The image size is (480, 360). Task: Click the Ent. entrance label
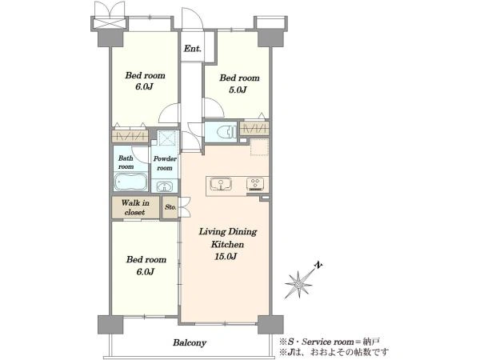pyautogui.click(x=193, y=49)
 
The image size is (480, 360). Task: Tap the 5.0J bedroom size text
pyautogui.click(x=238, y=90)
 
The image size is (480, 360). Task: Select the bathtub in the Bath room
pyautogui.click(x=130, y=182)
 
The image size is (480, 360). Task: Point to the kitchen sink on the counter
pyautogui.click(x=221, y=185)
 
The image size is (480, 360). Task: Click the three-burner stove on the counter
pyautogui.click(x=255, y=184)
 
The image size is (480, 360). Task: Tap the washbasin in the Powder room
pyautogui.click(x=165, y=186)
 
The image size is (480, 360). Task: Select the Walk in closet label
pyautogui.click(x=135, y=207)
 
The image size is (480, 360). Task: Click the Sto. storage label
pyautogui.click(x=170, y=207)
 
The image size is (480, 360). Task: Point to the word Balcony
pyautogui.click(x=190, y=342)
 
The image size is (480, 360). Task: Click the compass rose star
pyautogui.click(x=298, y=284)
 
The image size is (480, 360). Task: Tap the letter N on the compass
pyautogui.click(x=318, y=266)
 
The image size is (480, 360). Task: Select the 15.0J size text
pyautogui.click(x=226, y=256)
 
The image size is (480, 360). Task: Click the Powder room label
pyautogui.click(x=165, y=163)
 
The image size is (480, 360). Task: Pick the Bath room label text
pyautogui.click(x=126, y=162)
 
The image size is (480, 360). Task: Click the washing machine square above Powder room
pyautogui.click(x=167, y=138)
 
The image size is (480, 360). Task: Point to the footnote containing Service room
pyautogui.click(x=330, y=342)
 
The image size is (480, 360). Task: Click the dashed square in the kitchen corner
pyautogui.click(x=259, y=147)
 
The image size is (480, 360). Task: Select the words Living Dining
pyautogui.click(x=228, y=232)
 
